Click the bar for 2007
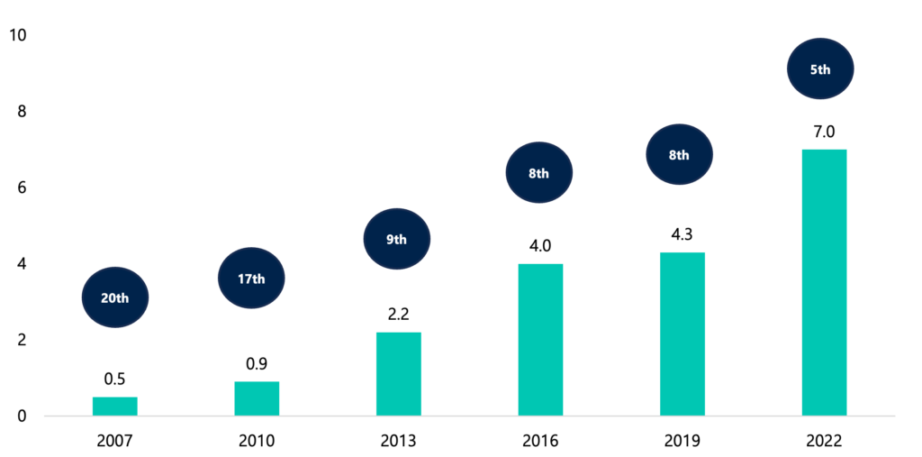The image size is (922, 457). pos(115,407)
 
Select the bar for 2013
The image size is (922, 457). pos(399,374)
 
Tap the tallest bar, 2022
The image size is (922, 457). pos(824,282)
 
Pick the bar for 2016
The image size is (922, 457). pos(540,340)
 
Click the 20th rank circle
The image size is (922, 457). pos(114,297)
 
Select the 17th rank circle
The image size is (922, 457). pos(251,279)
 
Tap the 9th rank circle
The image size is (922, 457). pos(397,240)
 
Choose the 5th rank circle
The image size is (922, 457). pos(820,69)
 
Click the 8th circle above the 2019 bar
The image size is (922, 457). pos(680,155)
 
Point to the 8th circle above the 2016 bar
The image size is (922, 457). pos(538,173)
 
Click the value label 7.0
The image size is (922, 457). pos(823,132)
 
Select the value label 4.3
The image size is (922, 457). pos(682,234)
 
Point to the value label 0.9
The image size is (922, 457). pos(257,364)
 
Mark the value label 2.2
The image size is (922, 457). pos(398,315)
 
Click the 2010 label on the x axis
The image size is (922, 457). pos(257,441)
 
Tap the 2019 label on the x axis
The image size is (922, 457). pos(682,441)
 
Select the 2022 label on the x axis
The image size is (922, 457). pos(823,441)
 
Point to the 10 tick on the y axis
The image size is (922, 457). pos(17,35)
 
